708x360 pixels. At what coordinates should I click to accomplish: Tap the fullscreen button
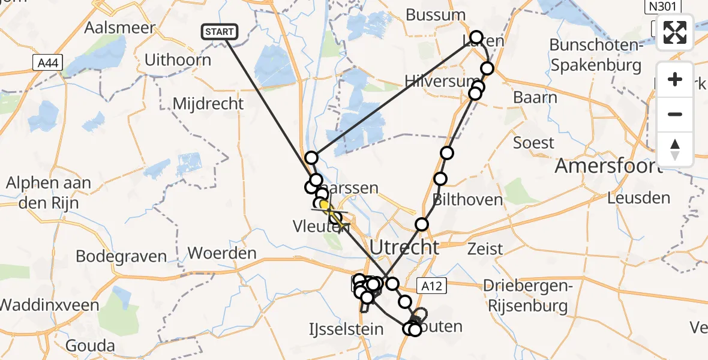tap(675, 32)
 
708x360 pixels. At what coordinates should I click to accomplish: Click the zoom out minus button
tap(675, 114)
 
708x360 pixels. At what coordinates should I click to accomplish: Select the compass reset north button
tap(675, 149)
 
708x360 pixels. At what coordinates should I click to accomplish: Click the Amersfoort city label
tap(608, 166)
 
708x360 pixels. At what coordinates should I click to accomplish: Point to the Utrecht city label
tap(404, 247)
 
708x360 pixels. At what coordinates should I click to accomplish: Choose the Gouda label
tap(91, 346)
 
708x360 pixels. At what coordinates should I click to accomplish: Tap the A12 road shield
tap(431, 286)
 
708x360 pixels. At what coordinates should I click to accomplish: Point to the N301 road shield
tap(663, 7)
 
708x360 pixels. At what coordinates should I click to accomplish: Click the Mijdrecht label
tap(208, 103)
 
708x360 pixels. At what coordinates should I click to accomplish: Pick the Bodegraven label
tap(121, 256)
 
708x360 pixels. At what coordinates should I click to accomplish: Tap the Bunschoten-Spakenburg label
tap(595, 55)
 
